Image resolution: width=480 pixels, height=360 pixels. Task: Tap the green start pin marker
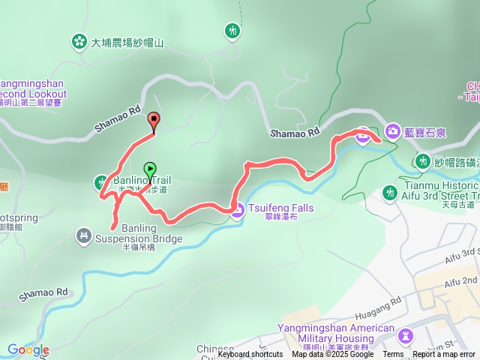[x=151, y=169]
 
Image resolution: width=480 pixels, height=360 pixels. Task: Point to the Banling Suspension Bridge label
[x=137, y=239]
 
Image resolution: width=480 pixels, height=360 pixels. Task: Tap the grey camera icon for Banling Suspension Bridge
[x=83, y=237]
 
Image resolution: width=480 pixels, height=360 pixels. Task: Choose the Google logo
[x=28, y=350]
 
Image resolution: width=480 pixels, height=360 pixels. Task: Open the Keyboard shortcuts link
[x=250, y=355]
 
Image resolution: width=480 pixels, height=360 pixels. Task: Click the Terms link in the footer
[x=393, y=355]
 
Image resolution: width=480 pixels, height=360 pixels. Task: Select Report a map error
[x=444, y=355]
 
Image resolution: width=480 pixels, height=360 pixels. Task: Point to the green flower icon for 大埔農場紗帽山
[x=79, y=42]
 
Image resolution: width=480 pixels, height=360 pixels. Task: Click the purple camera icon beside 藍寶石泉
[x=392, y=132]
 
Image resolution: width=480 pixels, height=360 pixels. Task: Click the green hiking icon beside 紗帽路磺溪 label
[x=422, y=162]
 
